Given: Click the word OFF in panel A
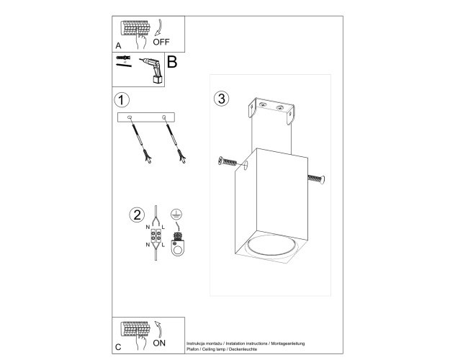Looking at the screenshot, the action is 161,42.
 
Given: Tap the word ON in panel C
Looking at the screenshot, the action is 159,343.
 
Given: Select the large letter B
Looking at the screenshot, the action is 172,62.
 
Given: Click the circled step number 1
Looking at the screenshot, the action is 122,100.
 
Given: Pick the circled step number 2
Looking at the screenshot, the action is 137,215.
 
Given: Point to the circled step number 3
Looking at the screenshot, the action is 222,99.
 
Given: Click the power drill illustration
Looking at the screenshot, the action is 152,71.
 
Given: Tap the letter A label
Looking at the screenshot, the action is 118,45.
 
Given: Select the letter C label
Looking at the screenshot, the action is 118,347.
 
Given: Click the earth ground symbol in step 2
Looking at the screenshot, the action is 176,214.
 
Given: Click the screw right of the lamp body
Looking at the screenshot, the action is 316,179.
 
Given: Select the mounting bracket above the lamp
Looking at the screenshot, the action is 271,111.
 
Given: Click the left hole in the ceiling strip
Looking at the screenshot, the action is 130,117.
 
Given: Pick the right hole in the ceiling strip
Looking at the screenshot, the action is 164,117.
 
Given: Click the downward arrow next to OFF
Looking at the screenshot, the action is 158,27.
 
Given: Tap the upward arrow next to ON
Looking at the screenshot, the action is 158,329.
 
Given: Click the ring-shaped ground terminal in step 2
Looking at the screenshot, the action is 178,248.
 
